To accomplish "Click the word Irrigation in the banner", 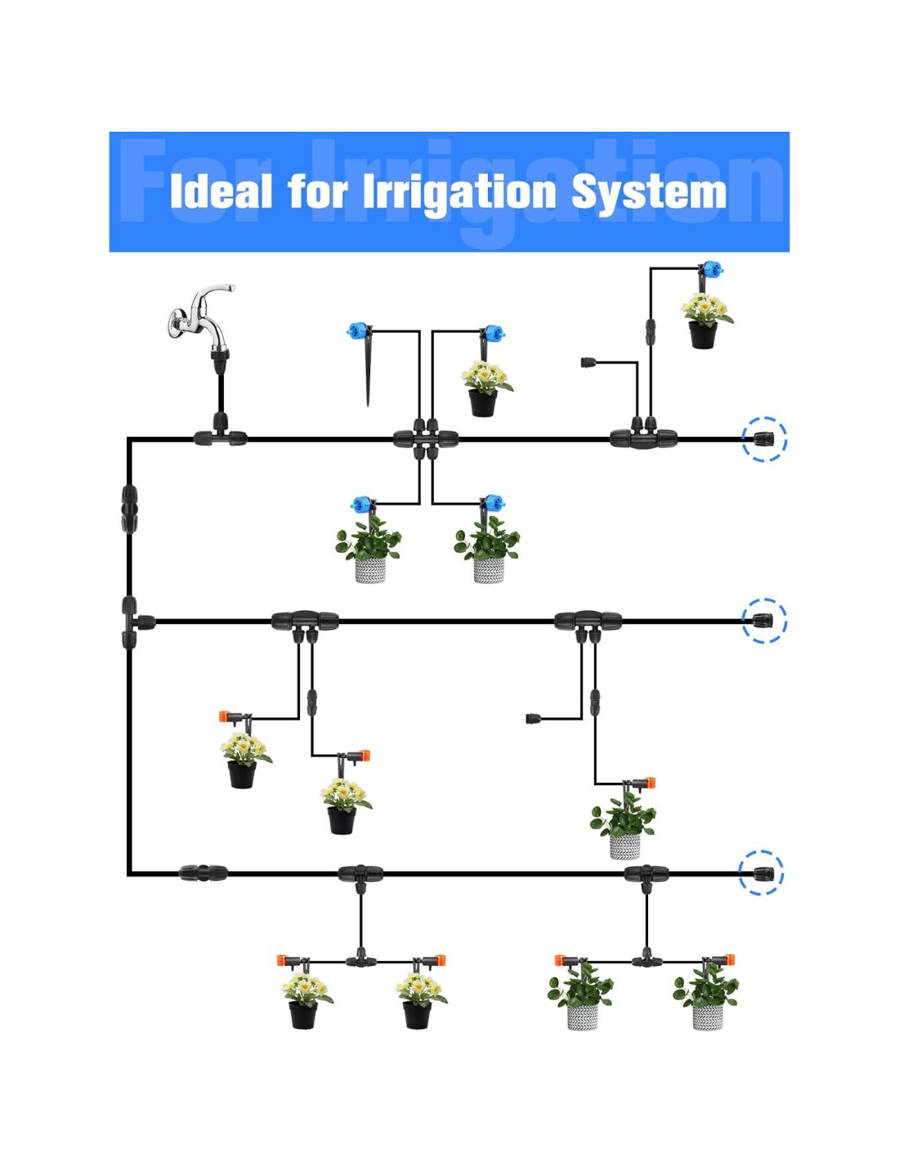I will (458, 193).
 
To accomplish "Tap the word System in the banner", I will (648, 193).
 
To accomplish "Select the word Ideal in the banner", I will (221, 193).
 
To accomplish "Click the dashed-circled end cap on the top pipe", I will (763, 439).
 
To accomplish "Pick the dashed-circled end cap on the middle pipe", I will (763, 622).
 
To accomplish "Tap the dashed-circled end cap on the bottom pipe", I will (762, 873).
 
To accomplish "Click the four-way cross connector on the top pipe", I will (425, 438).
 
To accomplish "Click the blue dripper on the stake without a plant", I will (359, 331).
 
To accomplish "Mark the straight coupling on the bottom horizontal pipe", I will (204, 873).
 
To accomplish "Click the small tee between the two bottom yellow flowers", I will (360, 960).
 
